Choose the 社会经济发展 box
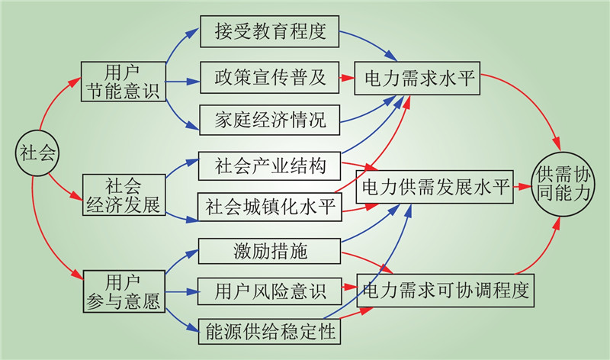click(123, 194)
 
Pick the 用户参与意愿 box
click(123, 291)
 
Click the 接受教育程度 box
click(270, 32)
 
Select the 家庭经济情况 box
click(270, 120)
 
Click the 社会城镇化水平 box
click(270, 207)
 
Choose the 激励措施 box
click(270, 249)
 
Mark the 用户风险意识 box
click(270, 291)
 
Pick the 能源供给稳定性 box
click(270, 333)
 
